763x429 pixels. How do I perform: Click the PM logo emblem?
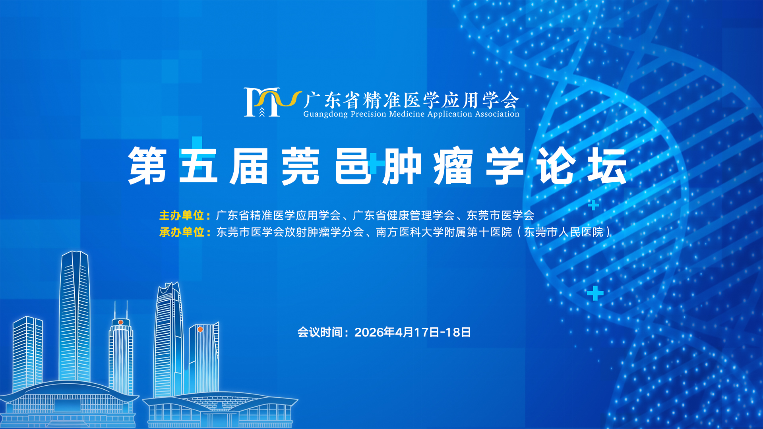[273, 102]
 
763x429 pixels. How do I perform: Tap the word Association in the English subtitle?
[497, 114]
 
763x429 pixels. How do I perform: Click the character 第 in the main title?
[147, 166]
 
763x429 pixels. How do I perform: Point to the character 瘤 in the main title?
[453, 166]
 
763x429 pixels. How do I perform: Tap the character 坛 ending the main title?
[607, 166]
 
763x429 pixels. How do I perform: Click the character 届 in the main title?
[249, 166]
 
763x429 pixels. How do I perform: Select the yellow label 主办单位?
[182, 216]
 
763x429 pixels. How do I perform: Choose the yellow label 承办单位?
[182, 232]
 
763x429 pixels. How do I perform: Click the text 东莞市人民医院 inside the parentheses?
[564, 232]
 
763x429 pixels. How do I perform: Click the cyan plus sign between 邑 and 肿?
[376, 163]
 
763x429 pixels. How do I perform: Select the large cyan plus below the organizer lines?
[595, 293]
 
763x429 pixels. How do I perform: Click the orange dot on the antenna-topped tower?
[120, 322]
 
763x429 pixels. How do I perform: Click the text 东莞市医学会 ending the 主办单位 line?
[500, 216]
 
